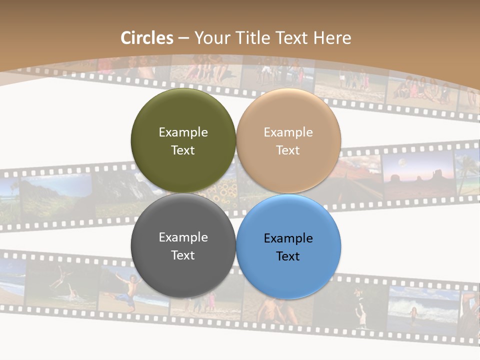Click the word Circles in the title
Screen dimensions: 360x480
click(x=147, y=38)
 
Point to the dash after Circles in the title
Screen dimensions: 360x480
click(x=183, y=38)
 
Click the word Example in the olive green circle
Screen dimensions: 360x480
click(x=183, y=132)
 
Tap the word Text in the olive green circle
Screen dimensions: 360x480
click(x=183, y=150)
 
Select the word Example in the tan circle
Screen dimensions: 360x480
click(x=288, y=132)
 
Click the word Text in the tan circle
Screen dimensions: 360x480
click(x=288, y=150)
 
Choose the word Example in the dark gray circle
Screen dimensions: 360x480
click(x=183, y=237)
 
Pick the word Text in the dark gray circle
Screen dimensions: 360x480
click(x=183, y=255)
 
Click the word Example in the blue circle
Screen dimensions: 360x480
click(x=288, y=238)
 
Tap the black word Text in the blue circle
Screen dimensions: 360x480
click(x=288, y=256)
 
